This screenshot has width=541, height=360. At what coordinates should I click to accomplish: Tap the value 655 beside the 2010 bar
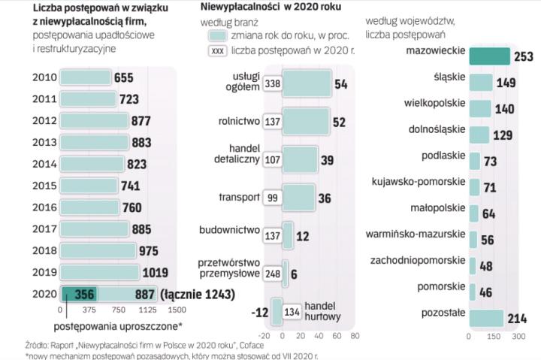click(x=123, y=77)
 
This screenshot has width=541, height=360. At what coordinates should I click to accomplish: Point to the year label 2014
click(x=44, y=163)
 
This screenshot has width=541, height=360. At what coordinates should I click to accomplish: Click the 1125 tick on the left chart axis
click(x=147, y=310)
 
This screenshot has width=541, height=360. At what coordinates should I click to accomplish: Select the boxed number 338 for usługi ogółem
click(x=273, y=84)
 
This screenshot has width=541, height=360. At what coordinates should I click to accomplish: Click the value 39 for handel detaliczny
click(x=328, y=160)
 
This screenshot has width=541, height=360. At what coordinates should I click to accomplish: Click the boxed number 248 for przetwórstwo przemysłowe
click(x=273, y=274)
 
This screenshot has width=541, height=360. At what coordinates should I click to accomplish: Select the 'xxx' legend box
click(x=217, y=52)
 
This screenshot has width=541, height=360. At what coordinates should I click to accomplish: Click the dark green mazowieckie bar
click(x=488, y=56)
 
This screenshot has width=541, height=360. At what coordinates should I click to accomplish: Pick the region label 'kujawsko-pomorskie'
click(x=419, y=181)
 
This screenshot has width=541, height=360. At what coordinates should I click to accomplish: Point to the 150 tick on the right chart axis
click(x=493, y=337)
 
